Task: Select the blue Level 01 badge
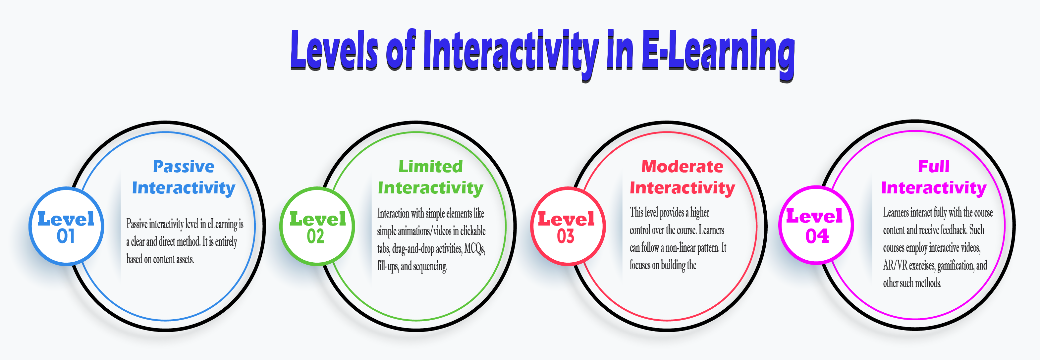pyautogui.click(x=66, y=227)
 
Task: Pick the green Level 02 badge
pyautogui.click(x=317, y=227)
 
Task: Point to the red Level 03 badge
pyautogui.click(x=567, y=227)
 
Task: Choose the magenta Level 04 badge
pyautogui.click(x=815, y=225)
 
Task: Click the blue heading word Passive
pyautogui.click(x=184, y=167)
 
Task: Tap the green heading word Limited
pyautogui.click(x=430, y=167)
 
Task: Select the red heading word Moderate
pyautogui.click(x=682, y=167)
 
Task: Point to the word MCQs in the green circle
pyautogui.click(x=474, y=249)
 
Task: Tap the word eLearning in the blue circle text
pyautogui.click(x=222, y=224)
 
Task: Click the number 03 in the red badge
pyautogui.click(x=566, y=236)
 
